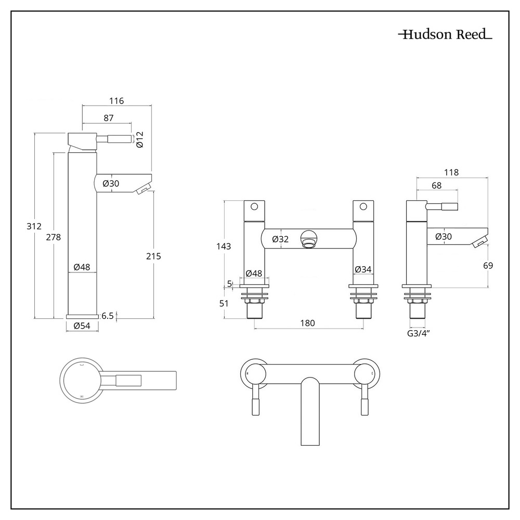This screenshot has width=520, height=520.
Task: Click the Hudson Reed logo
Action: point(445,35)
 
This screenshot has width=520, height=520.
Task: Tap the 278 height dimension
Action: point(54,237)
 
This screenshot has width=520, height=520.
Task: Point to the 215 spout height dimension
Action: point(154,256)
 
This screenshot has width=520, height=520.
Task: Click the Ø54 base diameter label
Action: point(82,326)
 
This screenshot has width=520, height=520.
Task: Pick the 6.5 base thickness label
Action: point(108,316)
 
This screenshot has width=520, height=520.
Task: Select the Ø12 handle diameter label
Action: point(139,139)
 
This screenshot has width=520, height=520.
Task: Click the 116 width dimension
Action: point(116,101)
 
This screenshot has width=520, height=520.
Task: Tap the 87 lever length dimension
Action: point(108,118)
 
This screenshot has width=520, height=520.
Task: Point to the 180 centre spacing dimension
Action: point(308,323)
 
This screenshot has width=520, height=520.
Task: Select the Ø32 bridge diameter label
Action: point(280,239)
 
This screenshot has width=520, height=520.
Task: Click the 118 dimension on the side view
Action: point(452,173)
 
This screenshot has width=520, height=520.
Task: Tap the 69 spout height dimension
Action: point(487,265)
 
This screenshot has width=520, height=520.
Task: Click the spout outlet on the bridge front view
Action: point(309,240)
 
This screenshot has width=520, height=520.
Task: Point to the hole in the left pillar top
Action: point(254,206)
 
